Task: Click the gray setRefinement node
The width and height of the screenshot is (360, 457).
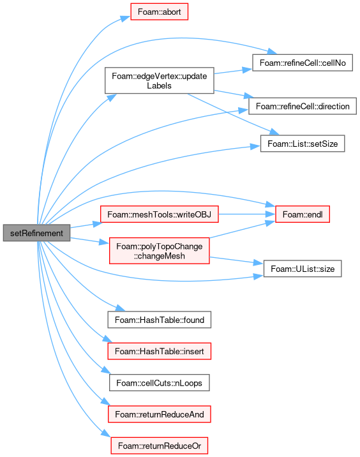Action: pos(36,233)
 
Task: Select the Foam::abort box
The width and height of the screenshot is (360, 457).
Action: pos(159,11)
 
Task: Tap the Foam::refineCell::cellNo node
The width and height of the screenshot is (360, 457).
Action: pos(303,63)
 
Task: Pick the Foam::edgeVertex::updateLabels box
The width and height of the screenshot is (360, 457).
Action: pos(160,80)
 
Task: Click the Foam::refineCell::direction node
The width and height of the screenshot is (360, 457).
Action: pos(303,106)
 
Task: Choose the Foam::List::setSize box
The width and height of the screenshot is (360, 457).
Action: pos(303,144)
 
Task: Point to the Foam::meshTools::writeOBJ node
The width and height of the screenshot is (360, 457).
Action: pos(160,214)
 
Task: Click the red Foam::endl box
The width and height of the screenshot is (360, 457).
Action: pos(303,214)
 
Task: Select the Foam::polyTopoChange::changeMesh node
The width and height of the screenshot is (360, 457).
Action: pos(160,251)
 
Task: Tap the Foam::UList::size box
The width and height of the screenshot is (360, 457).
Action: pos(303,269)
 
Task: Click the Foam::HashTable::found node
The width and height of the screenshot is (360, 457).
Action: pos(160,320)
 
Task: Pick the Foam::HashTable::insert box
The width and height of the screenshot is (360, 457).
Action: pos(160,351)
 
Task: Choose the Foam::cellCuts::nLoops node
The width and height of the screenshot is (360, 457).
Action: pos(160,383)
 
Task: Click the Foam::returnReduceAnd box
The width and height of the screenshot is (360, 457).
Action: pos(160,414)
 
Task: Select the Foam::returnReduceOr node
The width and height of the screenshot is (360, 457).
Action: pos(160,446)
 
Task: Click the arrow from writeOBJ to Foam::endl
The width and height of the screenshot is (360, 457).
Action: pos(247,214)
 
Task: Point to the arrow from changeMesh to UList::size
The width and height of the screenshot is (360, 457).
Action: pos(236,260)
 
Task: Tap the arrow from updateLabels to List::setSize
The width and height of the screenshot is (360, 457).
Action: pos(234,114)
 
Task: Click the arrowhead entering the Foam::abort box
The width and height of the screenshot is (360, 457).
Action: pos(126,19)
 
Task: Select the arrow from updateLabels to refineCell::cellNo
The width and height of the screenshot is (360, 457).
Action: pos(233,71)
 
